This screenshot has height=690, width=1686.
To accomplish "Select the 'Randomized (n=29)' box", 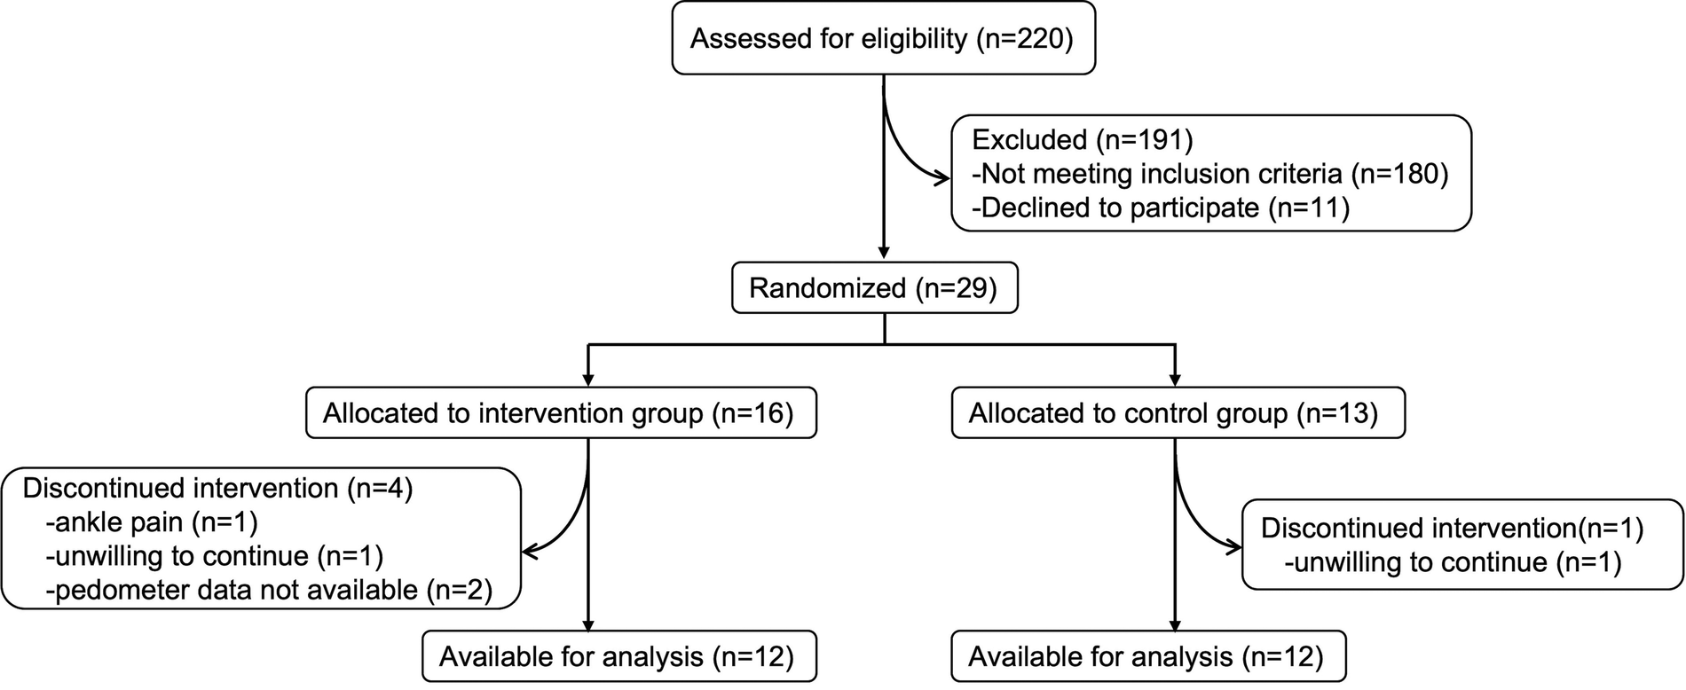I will coord(874,288).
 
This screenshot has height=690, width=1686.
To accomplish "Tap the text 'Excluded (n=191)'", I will coord(1082,140).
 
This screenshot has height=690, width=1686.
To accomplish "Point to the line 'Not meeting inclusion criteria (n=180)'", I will coord(1209,174).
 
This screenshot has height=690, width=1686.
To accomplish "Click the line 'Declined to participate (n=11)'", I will coord(1160,208).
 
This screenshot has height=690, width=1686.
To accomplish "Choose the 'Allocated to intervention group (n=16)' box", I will coord(561,413).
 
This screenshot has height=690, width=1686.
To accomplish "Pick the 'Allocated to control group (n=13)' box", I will coord(1177,413).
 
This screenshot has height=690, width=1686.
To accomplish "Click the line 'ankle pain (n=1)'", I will coord(151,522).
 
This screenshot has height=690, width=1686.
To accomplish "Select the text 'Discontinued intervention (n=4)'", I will coord(217,489).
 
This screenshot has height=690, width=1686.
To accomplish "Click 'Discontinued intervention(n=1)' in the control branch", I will coord(1452,529).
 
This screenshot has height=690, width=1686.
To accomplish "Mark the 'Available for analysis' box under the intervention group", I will coord(618,656).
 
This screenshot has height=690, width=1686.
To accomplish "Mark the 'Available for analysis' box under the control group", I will coord(1147,656).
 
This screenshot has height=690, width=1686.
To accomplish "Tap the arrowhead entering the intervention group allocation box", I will coord(588,380).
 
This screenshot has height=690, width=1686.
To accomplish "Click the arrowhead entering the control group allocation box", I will coord(1176,380).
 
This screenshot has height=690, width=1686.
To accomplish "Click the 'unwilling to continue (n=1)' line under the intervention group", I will coord(213,556).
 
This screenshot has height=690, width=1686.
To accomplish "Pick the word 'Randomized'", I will coord(827,288).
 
